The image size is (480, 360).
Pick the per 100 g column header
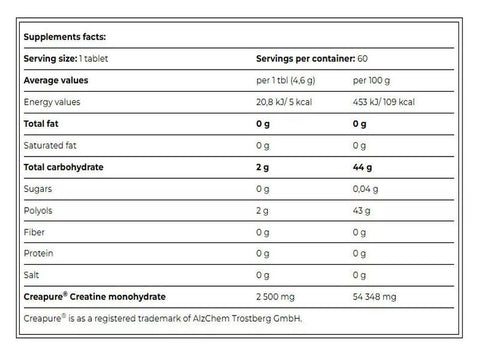(x=376, y=81)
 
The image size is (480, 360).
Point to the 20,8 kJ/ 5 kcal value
(x=292, y=102)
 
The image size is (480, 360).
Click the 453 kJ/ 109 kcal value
(x=388, y=102)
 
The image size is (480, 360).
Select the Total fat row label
(x=44, y=124)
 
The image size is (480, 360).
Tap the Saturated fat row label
(x=52, y=145)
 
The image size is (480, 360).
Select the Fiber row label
(x=36, y=230)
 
